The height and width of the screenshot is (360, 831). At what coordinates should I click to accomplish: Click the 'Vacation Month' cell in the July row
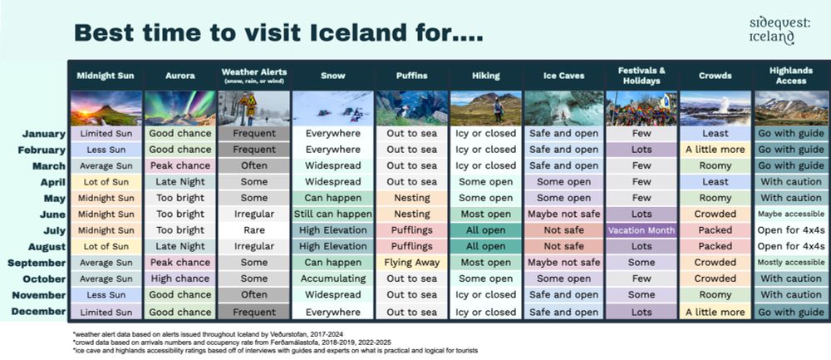click(x=640, y=230)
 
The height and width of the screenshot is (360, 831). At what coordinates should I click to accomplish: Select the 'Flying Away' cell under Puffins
click(x=412, y=263)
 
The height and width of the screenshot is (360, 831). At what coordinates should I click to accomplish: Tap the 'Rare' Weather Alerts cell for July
click(x=253, y=230)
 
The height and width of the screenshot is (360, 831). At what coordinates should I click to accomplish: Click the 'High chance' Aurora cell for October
click(x=179, y=279)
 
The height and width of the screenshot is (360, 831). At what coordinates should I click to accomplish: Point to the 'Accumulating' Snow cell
click(x=332, y=279)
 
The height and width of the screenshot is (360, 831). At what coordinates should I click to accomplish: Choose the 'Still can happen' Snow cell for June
click(x=332, y=215)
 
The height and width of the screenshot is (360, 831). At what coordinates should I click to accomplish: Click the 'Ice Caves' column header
click(x=563, y=76)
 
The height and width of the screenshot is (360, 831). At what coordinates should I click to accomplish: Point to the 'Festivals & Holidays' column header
click(x=640, y=76)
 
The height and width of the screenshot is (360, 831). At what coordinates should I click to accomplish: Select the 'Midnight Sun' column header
click(x=106, y=76)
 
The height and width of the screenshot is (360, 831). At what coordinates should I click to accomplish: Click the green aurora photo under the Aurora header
click(x=179, y=108)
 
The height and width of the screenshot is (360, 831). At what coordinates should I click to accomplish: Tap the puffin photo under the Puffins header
click(x=412, y=108)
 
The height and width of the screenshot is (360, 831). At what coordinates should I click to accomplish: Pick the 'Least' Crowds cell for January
click(x=715, y=134)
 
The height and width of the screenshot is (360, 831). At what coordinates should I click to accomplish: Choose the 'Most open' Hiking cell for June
click(x=486, y=215)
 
